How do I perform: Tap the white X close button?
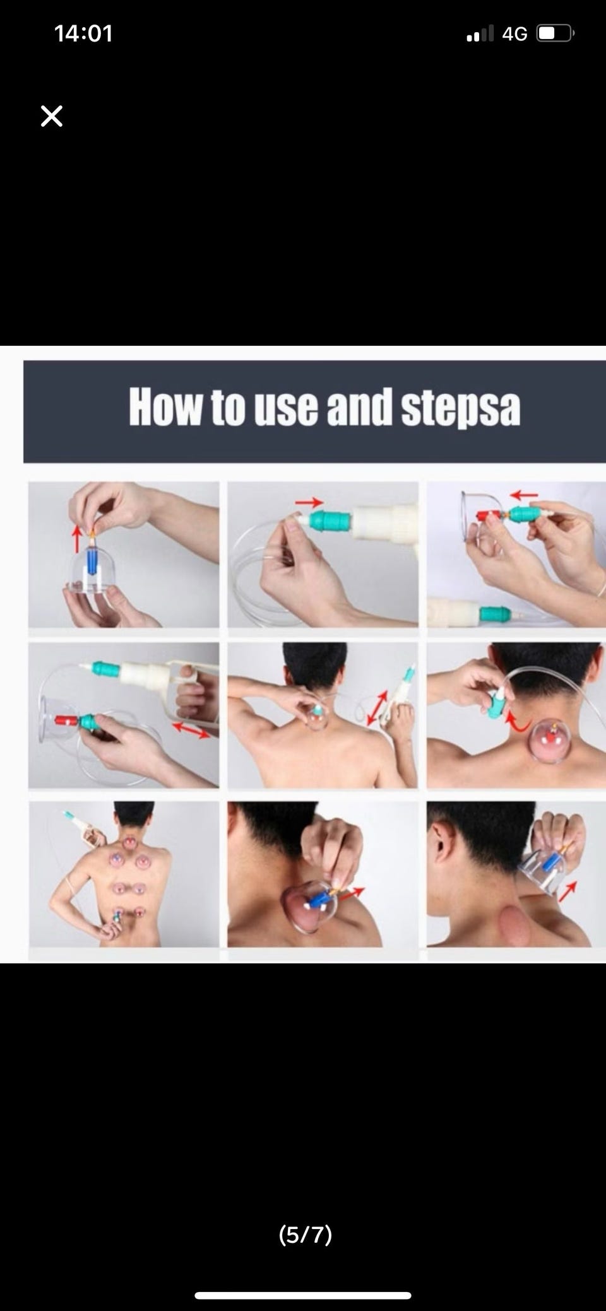(52, 116)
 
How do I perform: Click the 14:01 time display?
(83, 33)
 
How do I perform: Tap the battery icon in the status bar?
(555, 33)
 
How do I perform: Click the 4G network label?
(514, 33)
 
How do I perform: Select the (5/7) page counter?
(305, 1234)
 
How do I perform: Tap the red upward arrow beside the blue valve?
(77, 539)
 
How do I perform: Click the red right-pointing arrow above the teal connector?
(309, 502)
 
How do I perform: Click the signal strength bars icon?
(480, 33)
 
